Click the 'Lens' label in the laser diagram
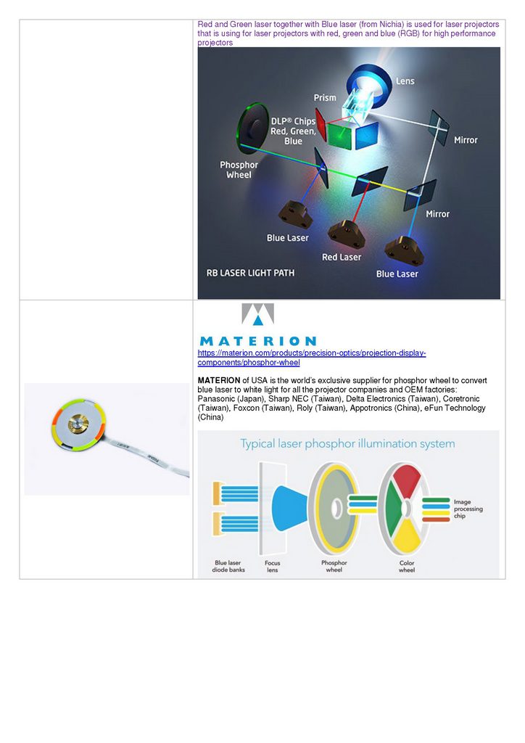pos(405,81)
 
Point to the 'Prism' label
pos(325,97)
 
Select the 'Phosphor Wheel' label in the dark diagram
pos(239,170)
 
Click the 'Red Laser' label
pos(342,257)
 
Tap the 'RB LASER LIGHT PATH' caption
pos(251,273)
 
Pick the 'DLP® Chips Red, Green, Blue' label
pos(293,131)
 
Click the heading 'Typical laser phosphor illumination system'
pos(347,443)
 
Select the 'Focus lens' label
pos(273,566)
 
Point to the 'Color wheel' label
pos(407,566)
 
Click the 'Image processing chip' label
pos(468,509)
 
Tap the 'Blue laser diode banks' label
pos(228,566)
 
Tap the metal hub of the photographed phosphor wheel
pos(78,424)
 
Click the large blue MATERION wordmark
pos(257,340)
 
